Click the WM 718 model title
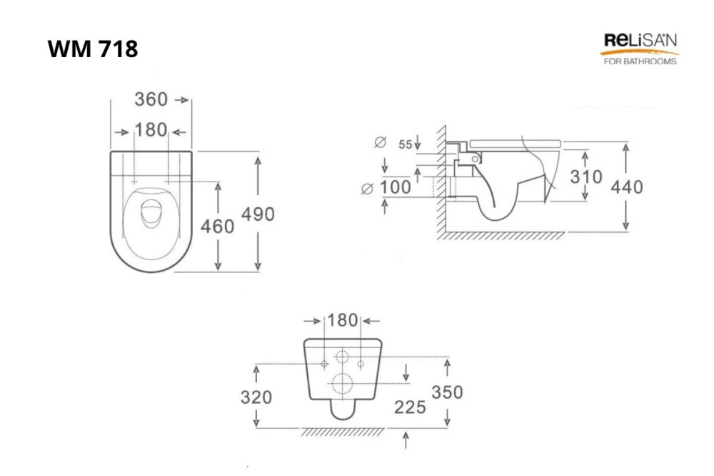(92, 49)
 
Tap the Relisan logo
(640, 49)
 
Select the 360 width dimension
(151, 99)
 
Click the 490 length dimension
(258, 214)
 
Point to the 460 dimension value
(217, 226)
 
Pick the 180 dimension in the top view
(151, 130)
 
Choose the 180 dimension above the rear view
(343, 320)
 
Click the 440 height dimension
(627, 187)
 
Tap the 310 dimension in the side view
(586, 177)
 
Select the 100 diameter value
(396, 187)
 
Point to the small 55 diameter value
(406, 144)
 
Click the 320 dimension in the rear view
(256, 397)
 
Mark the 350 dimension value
(447, 392)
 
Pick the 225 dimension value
(410, 407)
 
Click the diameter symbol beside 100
(367, 188)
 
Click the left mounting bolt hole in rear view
(324, 364)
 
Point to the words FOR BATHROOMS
(640, 61)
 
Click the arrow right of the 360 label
(181, 100)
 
